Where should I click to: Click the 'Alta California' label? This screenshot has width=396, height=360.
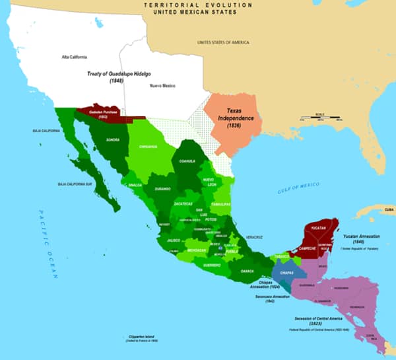pos(74,57)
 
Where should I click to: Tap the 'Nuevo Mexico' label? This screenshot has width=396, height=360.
pos(161,87)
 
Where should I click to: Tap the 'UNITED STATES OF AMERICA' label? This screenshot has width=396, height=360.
pos(223,42)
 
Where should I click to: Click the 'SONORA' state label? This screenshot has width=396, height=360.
pos(112,140)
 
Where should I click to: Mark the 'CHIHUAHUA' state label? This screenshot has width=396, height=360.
pos(150,147)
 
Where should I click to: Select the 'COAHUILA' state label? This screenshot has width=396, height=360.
pos(184,161)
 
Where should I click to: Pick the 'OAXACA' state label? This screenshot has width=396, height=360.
pos(247,271)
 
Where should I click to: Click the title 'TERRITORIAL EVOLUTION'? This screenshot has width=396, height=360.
pos(197,4)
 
